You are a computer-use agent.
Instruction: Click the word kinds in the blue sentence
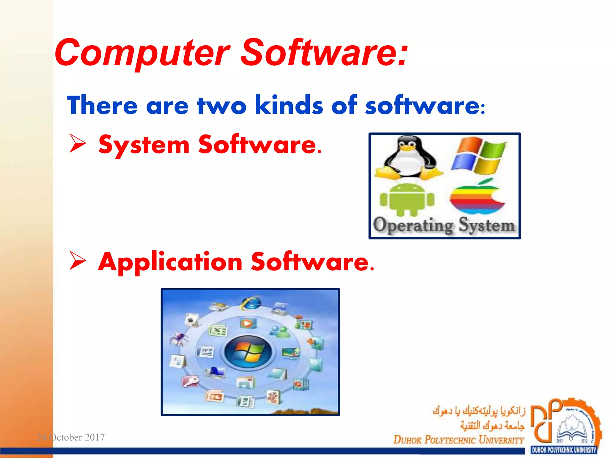[289, 105]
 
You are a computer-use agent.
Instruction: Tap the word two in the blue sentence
[222, 106]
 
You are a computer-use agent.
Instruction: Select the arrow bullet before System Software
[78, 143]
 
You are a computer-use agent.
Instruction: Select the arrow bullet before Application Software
[78, 261]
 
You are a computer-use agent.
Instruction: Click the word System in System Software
[144, 146]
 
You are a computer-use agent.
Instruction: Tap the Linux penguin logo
[409, 158]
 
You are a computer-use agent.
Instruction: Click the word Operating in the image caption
[413, 225]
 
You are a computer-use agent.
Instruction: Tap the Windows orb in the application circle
[248, 352]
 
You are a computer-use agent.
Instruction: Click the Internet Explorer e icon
[251, 304]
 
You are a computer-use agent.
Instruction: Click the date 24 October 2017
[71, 437]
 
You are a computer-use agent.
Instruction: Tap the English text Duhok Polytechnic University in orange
[459, 440]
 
